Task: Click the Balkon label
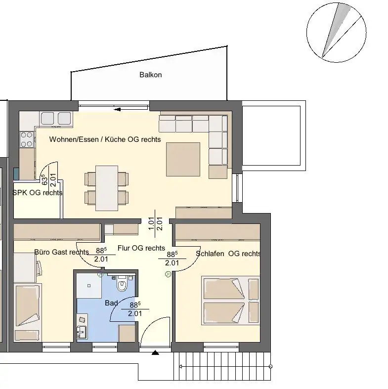point(151,75)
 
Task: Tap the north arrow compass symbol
point(337,33)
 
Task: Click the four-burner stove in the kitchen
point(27,140)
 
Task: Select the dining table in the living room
point(107,188)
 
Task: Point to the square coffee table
point(183,159)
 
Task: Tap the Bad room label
point(111,303)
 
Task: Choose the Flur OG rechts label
point(141,248)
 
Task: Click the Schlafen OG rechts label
point(228,254)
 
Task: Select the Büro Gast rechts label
point(61,252)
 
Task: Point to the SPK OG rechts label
point(37,193)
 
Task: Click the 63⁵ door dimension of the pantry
point(44,179)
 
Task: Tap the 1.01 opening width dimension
point(151,223)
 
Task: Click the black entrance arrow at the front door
point(155,352)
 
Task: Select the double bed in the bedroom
point(231,301)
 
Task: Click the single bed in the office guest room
point(28,312)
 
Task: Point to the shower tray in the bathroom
point(89,286)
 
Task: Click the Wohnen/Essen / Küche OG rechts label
point(105,139)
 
